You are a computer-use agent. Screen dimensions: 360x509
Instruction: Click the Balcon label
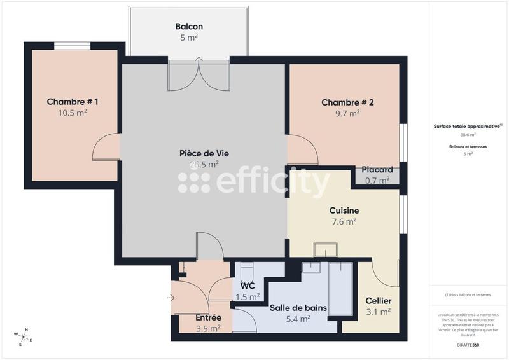click(x=189, y=27)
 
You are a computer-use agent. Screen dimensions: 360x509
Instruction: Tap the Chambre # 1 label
click(x=73, y=102)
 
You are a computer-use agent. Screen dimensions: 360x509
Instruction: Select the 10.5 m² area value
click(x=73, y=113)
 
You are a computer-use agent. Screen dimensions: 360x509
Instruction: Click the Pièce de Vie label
click(x=204, y=153)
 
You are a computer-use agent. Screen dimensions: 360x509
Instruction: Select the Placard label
click(x=377, y=170)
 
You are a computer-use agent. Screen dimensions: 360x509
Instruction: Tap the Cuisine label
click(x=344, y=211)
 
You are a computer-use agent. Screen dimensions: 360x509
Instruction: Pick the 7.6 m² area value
click(x=344, y=221)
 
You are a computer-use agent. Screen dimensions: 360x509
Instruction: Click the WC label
click(x=248, y=286)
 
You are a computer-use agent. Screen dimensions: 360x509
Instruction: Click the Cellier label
click(x=378, y=301)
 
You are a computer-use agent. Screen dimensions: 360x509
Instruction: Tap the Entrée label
click(x=208, y=317)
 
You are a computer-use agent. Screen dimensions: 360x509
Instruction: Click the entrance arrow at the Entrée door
click(x=171, y=297)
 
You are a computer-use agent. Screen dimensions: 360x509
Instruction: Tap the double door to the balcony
click(x=199, y=75)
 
